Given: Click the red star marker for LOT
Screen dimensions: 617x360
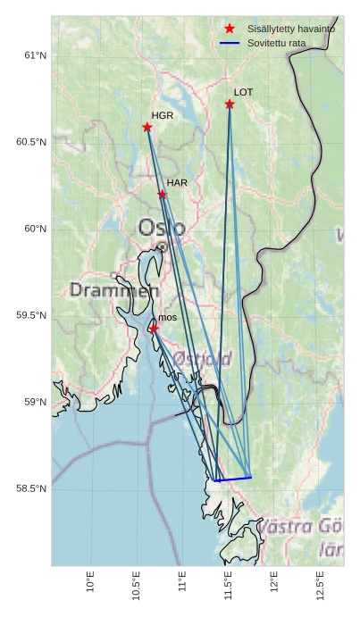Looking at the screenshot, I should tap(230, 104).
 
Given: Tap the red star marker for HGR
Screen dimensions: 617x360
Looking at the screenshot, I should tap(147, 127).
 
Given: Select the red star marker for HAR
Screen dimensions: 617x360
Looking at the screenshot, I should tap(162, 194).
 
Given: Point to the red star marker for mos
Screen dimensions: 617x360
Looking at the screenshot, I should tap(154, 328).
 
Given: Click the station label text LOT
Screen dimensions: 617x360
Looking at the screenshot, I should tap(244, 92).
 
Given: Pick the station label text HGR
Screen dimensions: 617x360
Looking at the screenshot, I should tap(163, 116).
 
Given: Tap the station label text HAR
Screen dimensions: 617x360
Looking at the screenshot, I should tap(177, 183).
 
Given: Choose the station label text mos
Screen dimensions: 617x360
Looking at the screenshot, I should tap(167, 318).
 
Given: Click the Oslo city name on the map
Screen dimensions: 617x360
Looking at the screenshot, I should tap(162, 228).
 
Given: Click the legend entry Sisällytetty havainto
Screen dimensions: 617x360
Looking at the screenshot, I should tap(291, 29).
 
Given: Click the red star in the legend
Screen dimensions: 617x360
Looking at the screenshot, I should tap(230, 29).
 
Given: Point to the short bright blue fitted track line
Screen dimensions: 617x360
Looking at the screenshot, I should tap(233, 479).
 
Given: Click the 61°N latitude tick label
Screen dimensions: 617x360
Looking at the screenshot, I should tap(34, 55).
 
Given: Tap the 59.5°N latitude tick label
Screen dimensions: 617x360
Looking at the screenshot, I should tap(30, 315).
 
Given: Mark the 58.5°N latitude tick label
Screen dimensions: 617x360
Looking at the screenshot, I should tap(30, 488).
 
